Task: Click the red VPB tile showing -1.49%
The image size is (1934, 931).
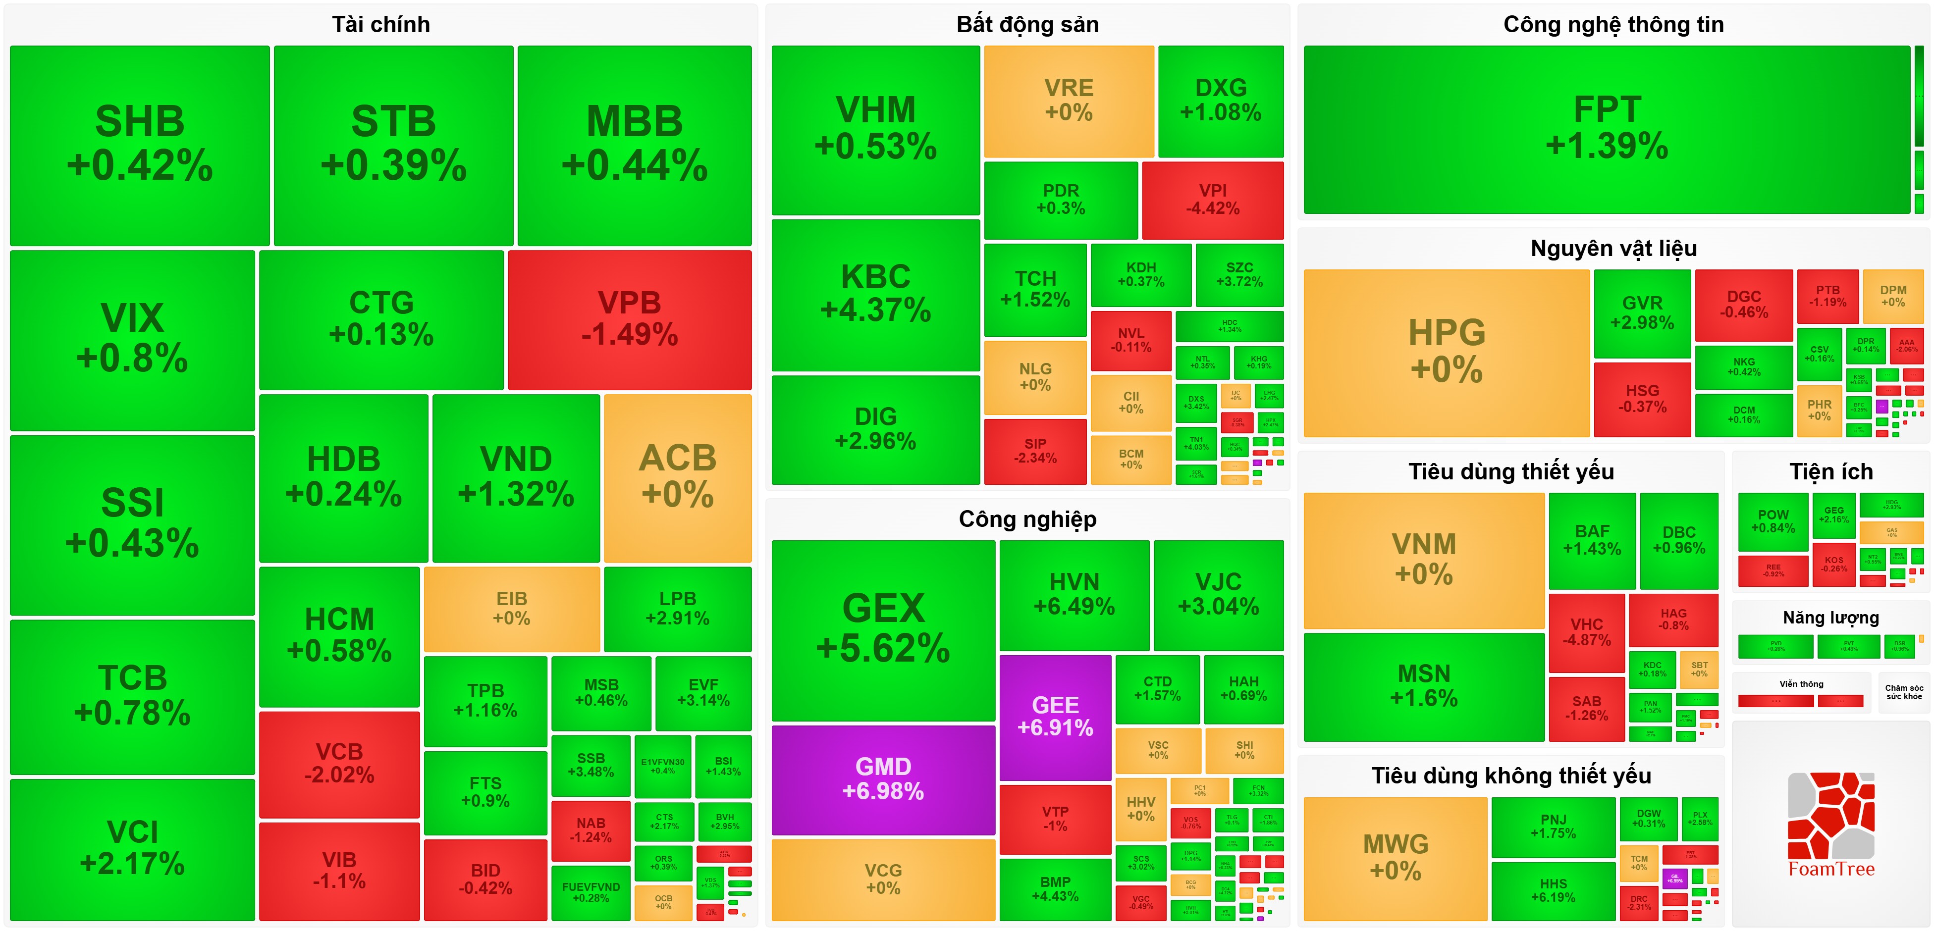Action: coord(629,319)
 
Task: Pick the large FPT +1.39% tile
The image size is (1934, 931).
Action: coord(1607,129)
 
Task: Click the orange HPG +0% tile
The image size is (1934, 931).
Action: coord(1446,352)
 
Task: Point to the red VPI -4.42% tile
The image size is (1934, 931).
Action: coord(1213,200)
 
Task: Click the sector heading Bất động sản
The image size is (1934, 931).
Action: coord(1027,25)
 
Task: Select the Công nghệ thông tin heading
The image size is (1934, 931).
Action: coord(1612,25)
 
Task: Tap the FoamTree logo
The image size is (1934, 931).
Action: coord(1830,826)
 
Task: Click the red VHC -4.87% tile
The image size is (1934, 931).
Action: coord(1586,632)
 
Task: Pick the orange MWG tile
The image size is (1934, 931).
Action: coord(1395,857)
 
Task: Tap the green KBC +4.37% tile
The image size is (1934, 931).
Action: coord(875,294)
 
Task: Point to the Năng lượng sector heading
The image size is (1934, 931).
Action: coord(1830,618)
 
